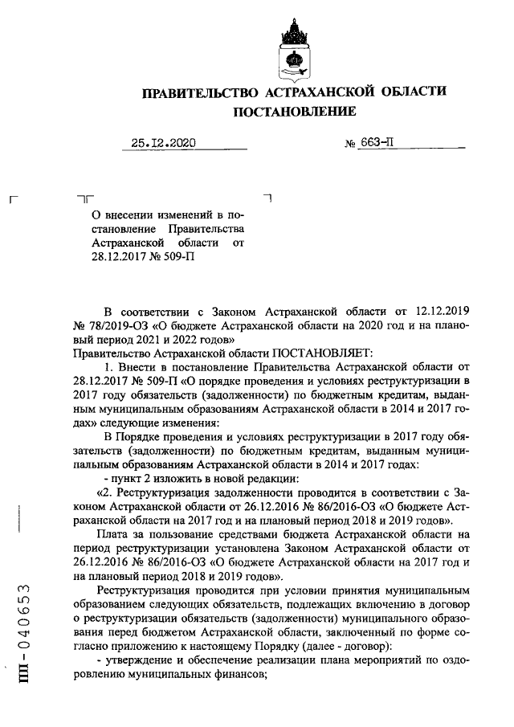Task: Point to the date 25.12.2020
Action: click(x=164, y=144)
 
